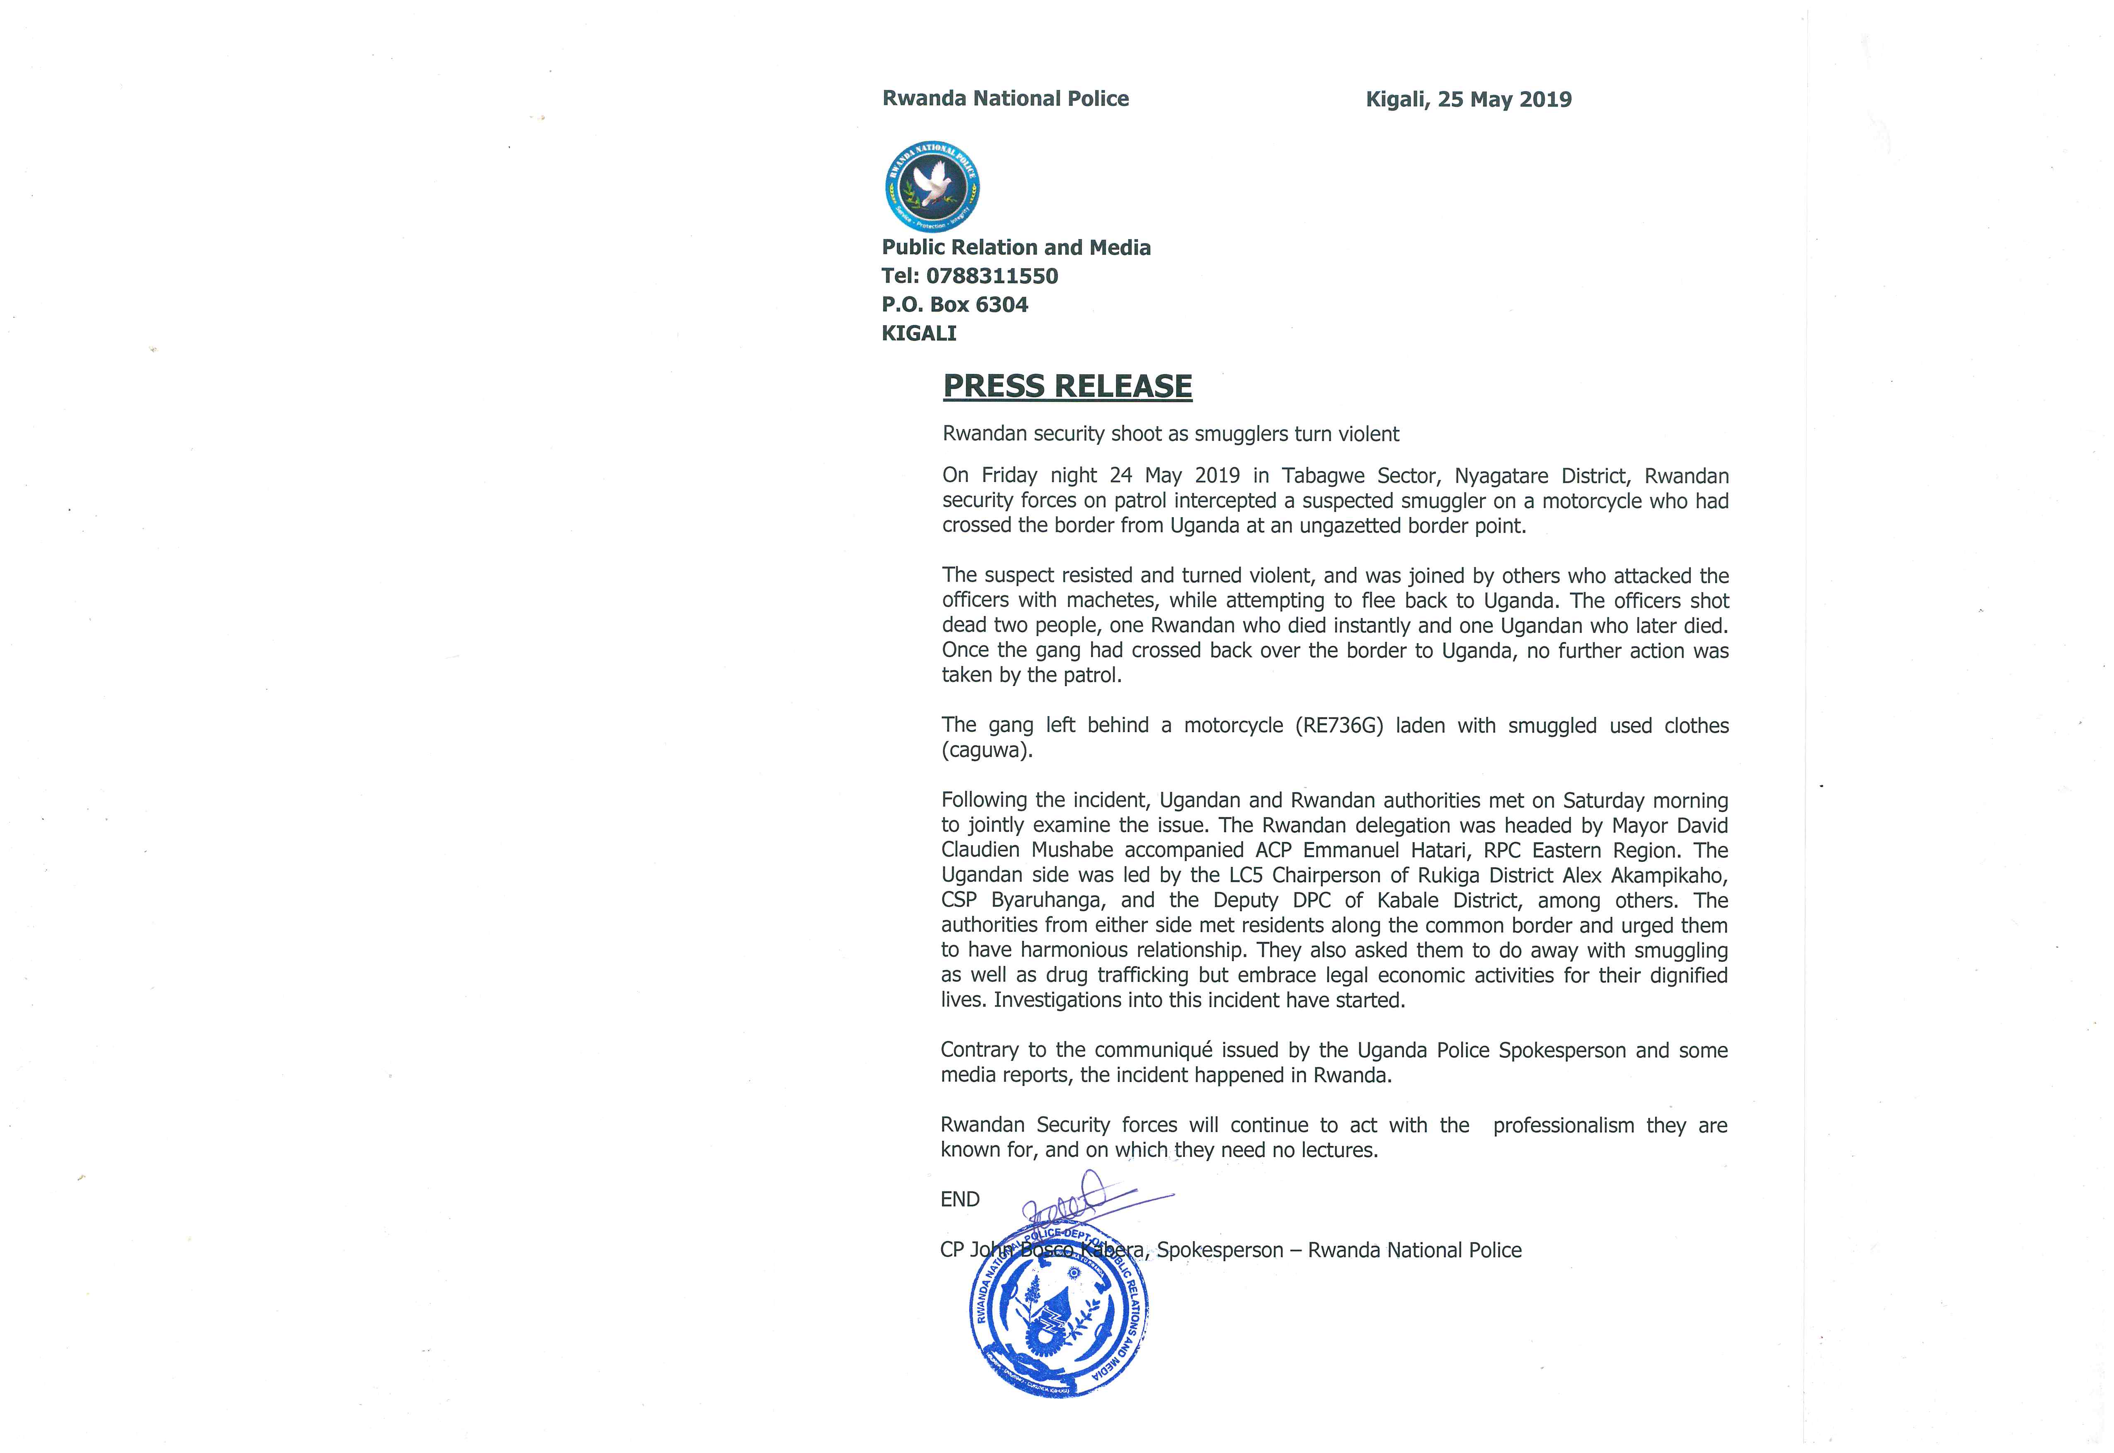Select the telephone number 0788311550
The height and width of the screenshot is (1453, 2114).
pos(992,276)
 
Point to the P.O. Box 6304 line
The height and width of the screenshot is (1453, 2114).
pos(955,305)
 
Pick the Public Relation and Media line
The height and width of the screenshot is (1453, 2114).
pos(1016,248)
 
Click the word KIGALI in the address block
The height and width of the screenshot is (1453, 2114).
pos(918,333)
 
